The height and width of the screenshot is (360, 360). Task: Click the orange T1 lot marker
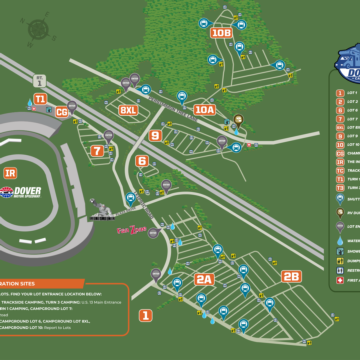point(40,99)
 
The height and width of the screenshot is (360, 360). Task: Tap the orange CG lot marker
point(62,111)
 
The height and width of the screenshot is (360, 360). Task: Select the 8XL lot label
point(128,110)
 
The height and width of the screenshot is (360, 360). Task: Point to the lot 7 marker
point(97,151)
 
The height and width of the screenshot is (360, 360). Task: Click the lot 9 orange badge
point(155,135)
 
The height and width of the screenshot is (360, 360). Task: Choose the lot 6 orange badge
point(142,161)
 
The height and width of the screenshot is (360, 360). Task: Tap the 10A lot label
point(204,110)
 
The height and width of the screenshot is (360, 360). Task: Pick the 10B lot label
point(221,33)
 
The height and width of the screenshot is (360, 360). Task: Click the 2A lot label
point(204,279)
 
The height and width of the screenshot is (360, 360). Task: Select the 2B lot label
point(291,277)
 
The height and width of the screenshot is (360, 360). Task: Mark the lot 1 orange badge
point(145,315)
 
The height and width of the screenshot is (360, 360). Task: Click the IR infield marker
point(10,172)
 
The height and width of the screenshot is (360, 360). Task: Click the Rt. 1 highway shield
point(39,76)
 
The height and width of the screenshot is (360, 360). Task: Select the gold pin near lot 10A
point(239,122)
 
